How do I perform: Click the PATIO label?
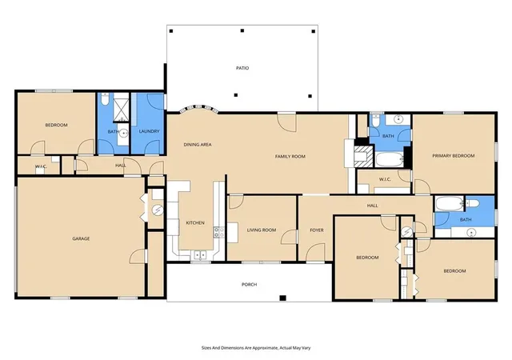pyautogui.click(x=242, y=68)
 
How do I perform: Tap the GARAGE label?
pyautogui.click(x=81, y=238)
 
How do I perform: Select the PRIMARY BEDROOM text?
pyautogui.click(x=454, y=156)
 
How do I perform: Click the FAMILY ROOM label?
pyautogui.click(x=290, y=157)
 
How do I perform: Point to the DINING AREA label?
pyautogui.click(x=198, y=144)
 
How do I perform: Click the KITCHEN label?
pyautogui.click(x=195, y=222)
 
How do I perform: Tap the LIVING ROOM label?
pyautogui.click(x=262, y=230)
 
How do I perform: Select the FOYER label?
pyautogui.click(x=317, y=230)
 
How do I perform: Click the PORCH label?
pyautogui.click(x=249, y=285)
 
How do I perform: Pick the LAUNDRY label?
pyautogui.click(x=149, y=131)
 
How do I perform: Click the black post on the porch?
pyautogui.click(x=282, y=298)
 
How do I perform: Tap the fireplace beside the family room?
pyautogui.click(x=363, y=157)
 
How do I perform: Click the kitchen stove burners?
pyautogui.click(x=218, y=232)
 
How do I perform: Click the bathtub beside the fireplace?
pyautogui.click(x=390, y=159)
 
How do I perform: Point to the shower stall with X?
pyautogui.click(x=122, y=107)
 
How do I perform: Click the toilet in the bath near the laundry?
pyautogui.click(x=105, y=99)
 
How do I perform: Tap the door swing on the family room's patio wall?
pyautogui.click(x=287, y=123)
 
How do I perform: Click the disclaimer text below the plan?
pyautogui.click(x=256, y=348)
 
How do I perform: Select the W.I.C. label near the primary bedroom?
pyautogui.click(x=385, y=179)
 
